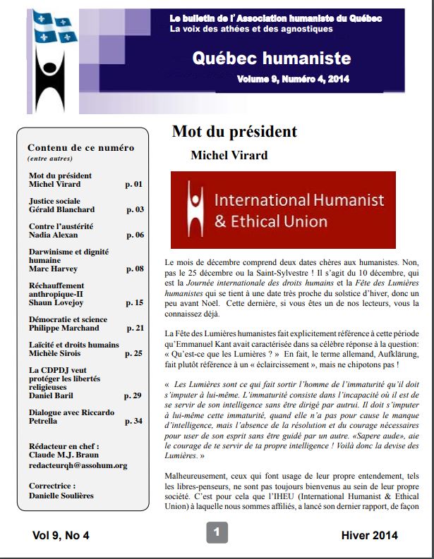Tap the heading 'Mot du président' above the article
[234, 132]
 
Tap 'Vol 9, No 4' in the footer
[61, 536]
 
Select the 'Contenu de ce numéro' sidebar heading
[80, 148]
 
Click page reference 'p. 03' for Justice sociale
[135, 210]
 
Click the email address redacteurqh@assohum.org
[78, 465]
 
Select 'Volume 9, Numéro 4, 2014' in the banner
[293, 79]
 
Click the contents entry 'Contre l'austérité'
[61, 226]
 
